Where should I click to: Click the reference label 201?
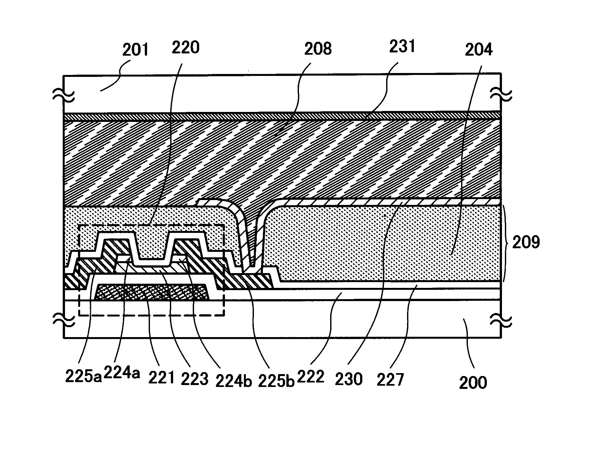click(x=135, y=50)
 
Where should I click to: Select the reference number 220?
click(x=186, y=47)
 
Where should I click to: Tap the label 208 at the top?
click(x=318, y=49)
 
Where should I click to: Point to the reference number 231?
click(x=402, y=47)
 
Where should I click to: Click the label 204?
click(x=479, y=50)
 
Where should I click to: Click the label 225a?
click(x=83, y=376)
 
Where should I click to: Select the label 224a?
click(x=122, y=374)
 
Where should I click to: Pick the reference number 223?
click(x=194, y=379)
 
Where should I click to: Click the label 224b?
click(x=234, y=381)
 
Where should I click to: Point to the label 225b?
click(x=276, y=381)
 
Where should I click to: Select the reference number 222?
click(x=311, y=376)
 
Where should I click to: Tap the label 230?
click(x=349, y=379)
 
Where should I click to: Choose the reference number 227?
click(x=390, y=380)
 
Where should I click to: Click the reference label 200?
click(x=473, y=382)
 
